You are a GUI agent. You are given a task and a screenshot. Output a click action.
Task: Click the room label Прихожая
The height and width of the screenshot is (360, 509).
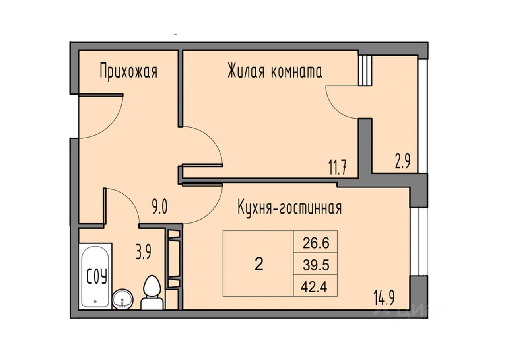click(128, 72)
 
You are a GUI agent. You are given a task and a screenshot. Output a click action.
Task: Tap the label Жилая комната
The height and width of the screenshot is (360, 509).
click(274, 72)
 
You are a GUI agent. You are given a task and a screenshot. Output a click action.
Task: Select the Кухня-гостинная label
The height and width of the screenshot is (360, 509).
click(289, 208)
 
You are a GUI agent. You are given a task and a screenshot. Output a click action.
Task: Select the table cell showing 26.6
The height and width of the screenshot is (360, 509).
click(316, 243)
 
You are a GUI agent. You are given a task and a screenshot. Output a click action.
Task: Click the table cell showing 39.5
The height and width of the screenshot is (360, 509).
click(316, 265)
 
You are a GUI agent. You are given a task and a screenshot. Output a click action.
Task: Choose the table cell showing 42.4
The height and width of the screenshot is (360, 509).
click(316, 286)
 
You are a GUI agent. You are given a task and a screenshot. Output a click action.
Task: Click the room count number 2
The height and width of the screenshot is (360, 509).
click(258, 264)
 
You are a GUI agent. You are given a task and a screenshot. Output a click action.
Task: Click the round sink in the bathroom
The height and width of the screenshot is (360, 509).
click(122, 299)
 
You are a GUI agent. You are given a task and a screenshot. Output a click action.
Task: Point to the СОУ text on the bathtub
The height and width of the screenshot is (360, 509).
click(97, 276)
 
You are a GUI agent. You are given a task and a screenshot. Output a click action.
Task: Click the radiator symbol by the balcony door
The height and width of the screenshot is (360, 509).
click(365, 70)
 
